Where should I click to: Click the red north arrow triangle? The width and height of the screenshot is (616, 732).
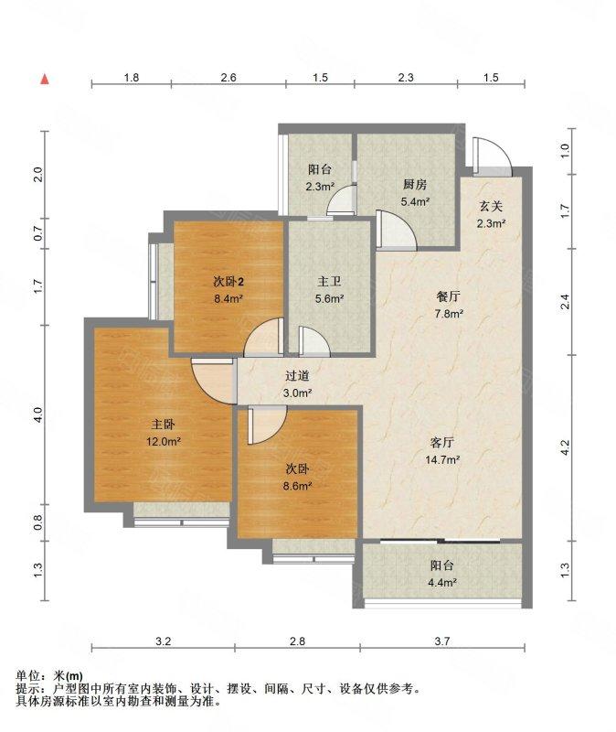45,80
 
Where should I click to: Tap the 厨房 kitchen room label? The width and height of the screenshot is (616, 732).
415,185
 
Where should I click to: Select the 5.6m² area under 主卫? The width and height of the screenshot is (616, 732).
329,299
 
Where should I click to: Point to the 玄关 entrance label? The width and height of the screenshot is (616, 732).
491,206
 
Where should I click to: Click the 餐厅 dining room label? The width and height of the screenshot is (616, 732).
448,296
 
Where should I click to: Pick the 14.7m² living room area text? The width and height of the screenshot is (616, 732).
442,460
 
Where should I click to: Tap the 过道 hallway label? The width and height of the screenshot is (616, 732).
297,375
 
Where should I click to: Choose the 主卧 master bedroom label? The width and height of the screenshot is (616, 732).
164,425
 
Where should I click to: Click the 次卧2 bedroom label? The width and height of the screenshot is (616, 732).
228,282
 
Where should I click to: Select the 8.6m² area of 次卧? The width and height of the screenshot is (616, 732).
298,486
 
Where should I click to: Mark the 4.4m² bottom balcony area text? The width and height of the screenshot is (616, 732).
441,583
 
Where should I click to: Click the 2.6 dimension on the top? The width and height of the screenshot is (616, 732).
228,78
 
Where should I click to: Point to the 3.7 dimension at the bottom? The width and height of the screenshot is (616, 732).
442,641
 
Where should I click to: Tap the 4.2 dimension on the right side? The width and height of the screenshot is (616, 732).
565,447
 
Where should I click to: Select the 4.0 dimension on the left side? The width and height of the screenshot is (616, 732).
38,414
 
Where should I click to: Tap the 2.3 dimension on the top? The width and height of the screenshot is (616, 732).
406,78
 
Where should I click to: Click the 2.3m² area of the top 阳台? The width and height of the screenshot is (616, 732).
321,187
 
